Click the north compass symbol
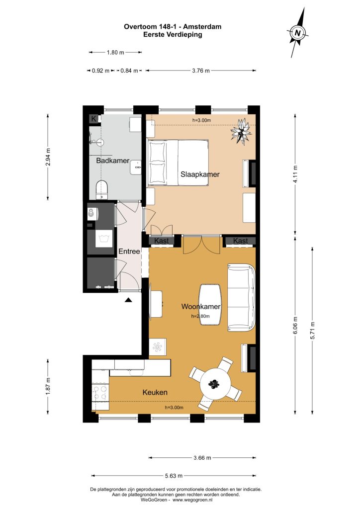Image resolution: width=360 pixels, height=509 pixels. coord(297,32)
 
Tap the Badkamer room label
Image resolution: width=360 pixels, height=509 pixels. coord(113,161)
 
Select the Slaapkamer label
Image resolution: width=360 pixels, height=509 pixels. coord(200,174)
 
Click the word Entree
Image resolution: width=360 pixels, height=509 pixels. coord(129,251)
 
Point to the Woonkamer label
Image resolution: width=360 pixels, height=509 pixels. coord(201,306)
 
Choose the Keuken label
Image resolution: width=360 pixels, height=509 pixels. coord(155,393)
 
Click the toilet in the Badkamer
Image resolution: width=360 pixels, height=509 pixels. coord(101,189)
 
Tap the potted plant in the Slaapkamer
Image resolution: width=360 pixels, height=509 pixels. coord(241,131)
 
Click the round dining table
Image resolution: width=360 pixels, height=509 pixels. coord(215,385)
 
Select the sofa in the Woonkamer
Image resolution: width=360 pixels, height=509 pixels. coord(241,297)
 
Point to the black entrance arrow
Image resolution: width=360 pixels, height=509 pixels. coord(129,300)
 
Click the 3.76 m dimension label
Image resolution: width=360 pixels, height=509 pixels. coord(200,71)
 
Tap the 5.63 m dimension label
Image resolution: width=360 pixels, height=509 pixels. coord(174,476)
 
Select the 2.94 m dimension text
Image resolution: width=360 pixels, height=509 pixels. coord(48,157)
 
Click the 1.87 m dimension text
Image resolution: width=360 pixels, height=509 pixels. coord(48,386)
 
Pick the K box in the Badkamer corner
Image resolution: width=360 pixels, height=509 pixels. coord(94,119)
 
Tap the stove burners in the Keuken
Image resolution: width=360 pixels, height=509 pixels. coord(100,393)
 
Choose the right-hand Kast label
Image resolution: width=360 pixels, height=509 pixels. coord(241,241)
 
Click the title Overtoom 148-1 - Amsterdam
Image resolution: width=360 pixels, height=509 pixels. coord(173,27)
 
